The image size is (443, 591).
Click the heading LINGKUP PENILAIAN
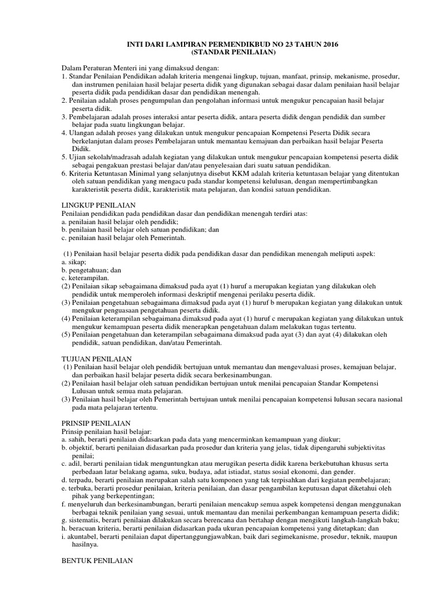click(99, 205)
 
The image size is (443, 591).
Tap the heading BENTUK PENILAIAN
click(97, 560)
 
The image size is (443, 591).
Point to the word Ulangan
click(83, 133)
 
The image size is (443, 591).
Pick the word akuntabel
click(84, 537)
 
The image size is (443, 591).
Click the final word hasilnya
click(85, 545)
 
